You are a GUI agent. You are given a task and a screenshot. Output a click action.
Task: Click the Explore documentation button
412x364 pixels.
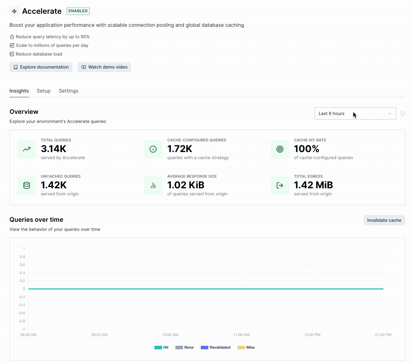[41, 67]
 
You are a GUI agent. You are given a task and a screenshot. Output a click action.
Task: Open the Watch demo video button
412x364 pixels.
[104, 67]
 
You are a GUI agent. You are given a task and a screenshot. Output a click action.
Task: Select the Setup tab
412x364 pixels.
[44, 91]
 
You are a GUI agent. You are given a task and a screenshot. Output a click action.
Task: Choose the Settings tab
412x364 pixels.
[69, 91]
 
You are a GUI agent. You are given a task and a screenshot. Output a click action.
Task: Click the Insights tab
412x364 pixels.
[19, 91]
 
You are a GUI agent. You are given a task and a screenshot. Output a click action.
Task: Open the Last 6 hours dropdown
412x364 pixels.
[355, 113]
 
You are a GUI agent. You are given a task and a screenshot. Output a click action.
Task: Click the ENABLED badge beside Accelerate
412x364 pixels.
[78, 11]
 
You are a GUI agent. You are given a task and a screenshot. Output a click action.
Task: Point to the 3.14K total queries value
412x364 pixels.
[54, 149]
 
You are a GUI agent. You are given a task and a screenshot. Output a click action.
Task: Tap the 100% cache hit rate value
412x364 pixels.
[306, 149]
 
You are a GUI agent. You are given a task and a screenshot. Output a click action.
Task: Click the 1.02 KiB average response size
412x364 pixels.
[186, 185]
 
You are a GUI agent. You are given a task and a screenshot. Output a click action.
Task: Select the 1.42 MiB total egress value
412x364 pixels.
[313, 185]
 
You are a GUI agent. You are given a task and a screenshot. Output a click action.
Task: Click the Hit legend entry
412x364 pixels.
[161, 347]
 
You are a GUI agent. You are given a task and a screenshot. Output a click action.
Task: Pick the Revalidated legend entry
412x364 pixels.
[215, 347]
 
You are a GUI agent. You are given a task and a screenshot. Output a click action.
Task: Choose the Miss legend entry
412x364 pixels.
[246, 347]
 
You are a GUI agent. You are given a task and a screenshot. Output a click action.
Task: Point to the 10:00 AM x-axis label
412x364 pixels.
[170, 335]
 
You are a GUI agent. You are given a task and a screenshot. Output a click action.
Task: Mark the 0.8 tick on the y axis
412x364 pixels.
[23, 257]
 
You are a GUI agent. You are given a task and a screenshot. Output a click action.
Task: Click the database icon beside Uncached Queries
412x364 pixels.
[27, 186]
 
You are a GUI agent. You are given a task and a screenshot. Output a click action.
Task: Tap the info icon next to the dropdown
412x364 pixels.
[403, 113]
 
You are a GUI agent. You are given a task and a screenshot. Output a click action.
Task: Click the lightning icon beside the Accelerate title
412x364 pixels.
[15, 11]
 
